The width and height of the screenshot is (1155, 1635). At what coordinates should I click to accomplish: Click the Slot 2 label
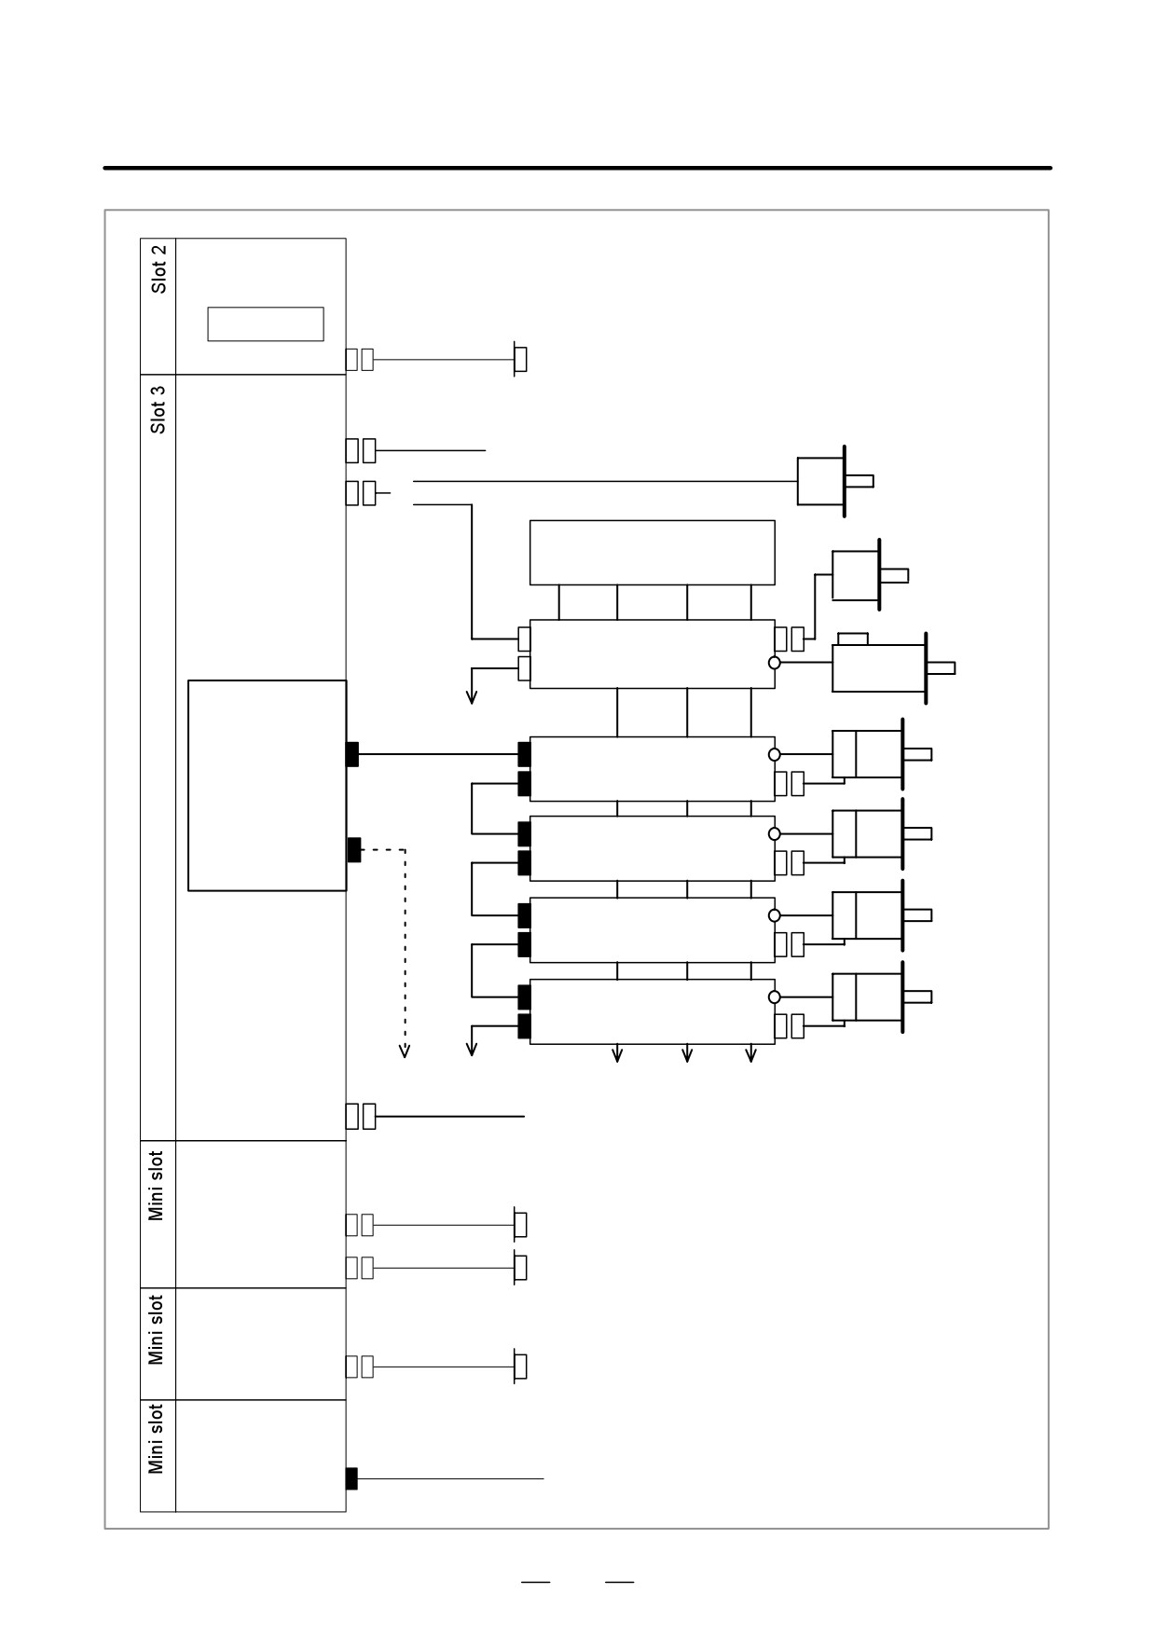click(x=159, y=269)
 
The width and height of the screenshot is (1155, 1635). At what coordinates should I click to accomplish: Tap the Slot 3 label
click(x=159, y=409)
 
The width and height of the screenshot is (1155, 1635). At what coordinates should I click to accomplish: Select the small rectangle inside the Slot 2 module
click(x=266, y=324)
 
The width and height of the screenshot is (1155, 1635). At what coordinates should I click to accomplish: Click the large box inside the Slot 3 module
click(x=268, y=786)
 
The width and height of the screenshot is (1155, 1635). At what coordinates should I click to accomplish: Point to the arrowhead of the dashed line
click(x=405, y=1051)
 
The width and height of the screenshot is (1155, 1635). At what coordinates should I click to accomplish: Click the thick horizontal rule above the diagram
click(x=577, y=168)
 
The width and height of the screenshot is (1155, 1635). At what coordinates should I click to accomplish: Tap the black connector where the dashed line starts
click(x=353, y=850)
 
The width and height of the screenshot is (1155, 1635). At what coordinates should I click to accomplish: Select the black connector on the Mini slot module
click(x=351, y=1478)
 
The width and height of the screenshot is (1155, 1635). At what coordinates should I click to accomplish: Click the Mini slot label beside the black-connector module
click(x=156, y=1439)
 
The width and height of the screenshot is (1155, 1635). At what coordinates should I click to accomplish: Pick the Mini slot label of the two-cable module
click(x=156, y=1186)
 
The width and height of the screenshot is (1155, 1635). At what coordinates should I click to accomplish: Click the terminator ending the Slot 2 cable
click(x=520, y=359)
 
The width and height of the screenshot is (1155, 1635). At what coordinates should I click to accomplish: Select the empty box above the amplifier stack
click(x=653, y=553)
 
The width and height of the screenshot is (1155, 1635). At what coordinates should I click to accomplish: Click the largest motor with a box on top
click(x=879, y=668)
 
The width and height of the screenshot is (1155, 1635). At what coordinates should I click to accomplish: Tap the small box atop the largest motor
click(x=853, y=639)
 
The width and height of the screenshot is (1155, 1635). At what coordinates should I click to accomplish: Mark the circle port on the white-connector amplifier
click(x=775, y=663)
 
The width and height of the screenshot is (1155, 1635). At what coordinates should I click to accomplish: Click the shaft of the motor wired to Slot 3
click(x=859, y=481)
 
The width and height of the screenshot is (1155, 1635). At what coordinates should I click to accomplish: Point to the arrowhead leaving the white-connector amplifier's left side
click(x=472, y=696)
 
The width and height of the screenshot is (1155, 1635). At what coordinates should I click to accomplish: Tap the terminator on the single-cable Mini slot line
click(x=520, y=1367)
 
